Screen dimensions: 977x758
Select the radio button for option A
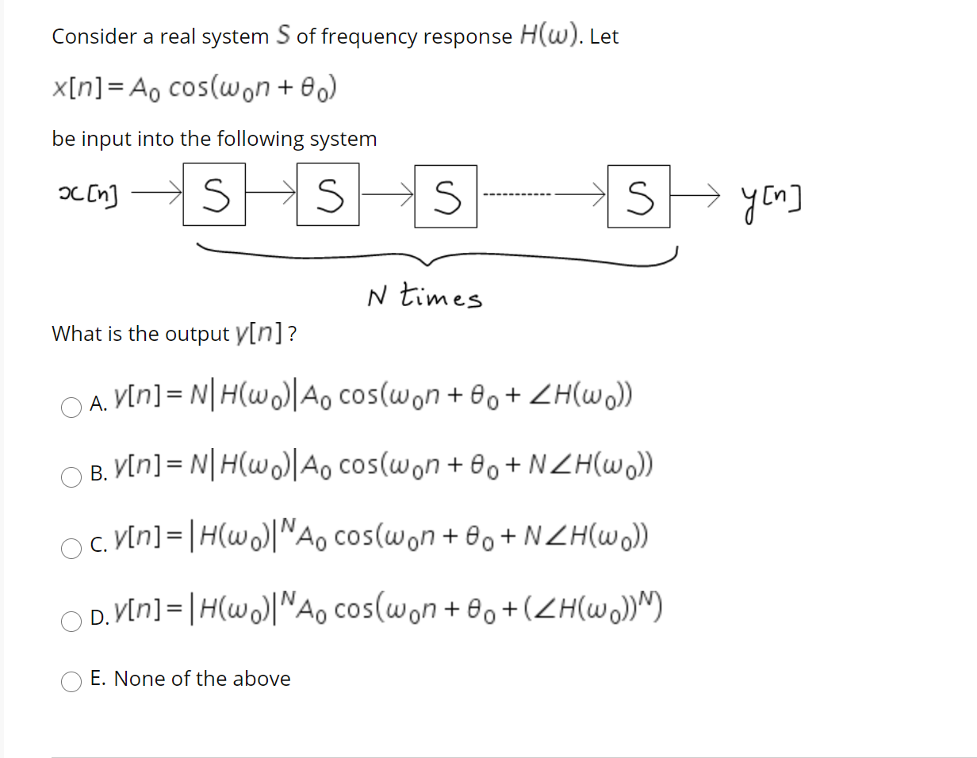tap(71, 406)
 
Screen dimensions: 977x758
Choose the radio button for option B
tap(71, 476)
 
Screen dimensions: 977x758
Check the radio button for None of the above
tap(71, 680)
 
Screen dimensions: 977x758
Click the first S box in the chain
tap(213, 194)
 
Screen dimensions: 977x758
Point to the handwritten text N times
tap(423, 297)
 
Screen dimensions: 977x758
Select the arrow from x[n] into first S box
tap(157, 191)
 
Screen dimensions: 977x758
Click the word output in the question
tap(197, 335)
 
